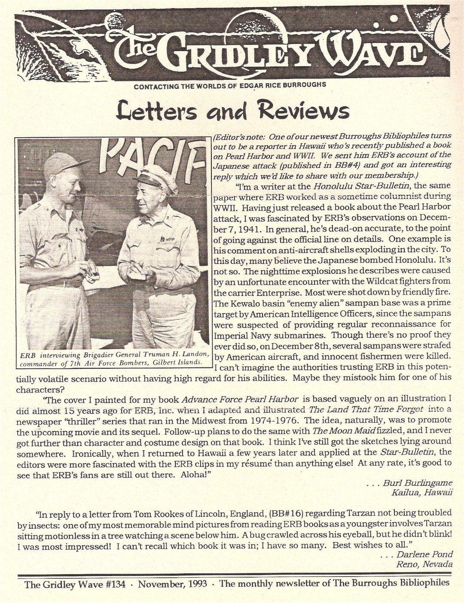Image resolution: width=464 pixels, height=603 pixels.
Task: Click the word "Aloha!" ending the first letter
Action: coord(199,473)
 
